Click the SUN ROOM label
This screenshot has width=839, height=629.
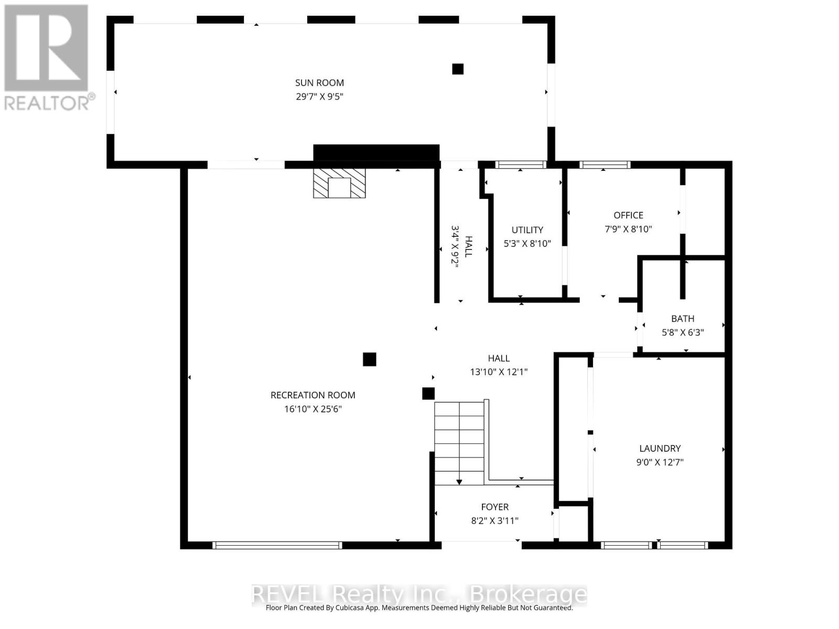[x=319, y=82]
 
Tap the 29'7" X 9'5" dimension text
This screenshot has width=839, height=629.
[x=319, y=96]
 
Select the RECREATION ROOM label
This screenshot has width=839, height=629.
[x=313, y=395]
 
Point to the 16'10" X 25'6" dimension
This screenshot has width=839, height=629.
[x=313, y=409]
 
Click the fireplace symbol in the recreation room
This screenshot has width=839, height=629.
[x=339, y=183]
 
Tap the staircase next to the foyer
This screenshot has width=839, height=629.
[x=459, y=443]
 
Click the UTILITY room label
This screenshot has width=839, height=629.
[x=527, y=230]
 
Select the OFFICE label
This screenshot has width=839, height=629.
[x=628, y=215]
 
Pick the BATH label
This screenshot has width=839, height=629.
[x=683, y=318]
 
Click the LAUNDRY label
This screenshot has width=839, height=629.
[x=660, y=448]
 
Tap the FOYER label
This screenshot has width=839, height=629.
[x=494, y=507]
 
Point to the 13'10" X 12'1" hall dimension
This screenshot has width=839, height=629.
[x=499, y=372]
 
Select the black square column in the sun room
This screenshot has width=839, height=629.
[x=458, y=69]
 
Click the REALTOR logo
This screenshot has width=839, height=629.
[x=48, y=58]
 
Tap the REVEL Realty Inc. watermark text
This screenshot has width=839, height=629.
[x=419, y=594]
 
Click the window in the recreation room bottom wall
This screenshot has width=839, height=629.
[x=277, y=545]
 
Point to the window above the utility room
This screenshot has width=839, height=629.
[x=521, y=165]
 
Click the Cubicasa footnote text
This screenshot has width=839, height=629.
[x=419, y=608]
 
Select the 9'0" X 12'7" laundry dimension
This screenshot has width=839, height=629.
[x=660, y=462]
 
